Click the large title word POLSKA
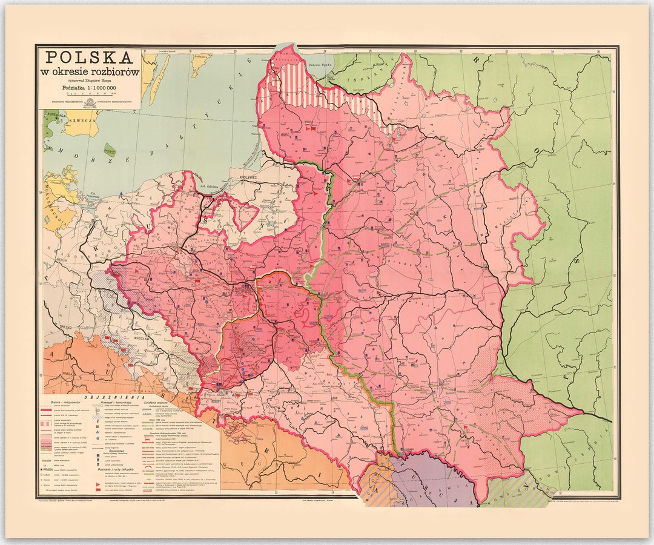[x=90, y=58]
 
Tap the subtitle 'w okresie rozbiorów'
[x=90, y=71]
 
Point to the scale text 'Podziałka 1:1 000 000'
[x=90, y=85]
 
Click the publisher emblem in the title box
[x=90, y=100]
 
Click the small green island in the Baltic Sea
[x=110, y=150]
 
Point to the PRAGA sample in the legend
[x=50, y=469]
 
